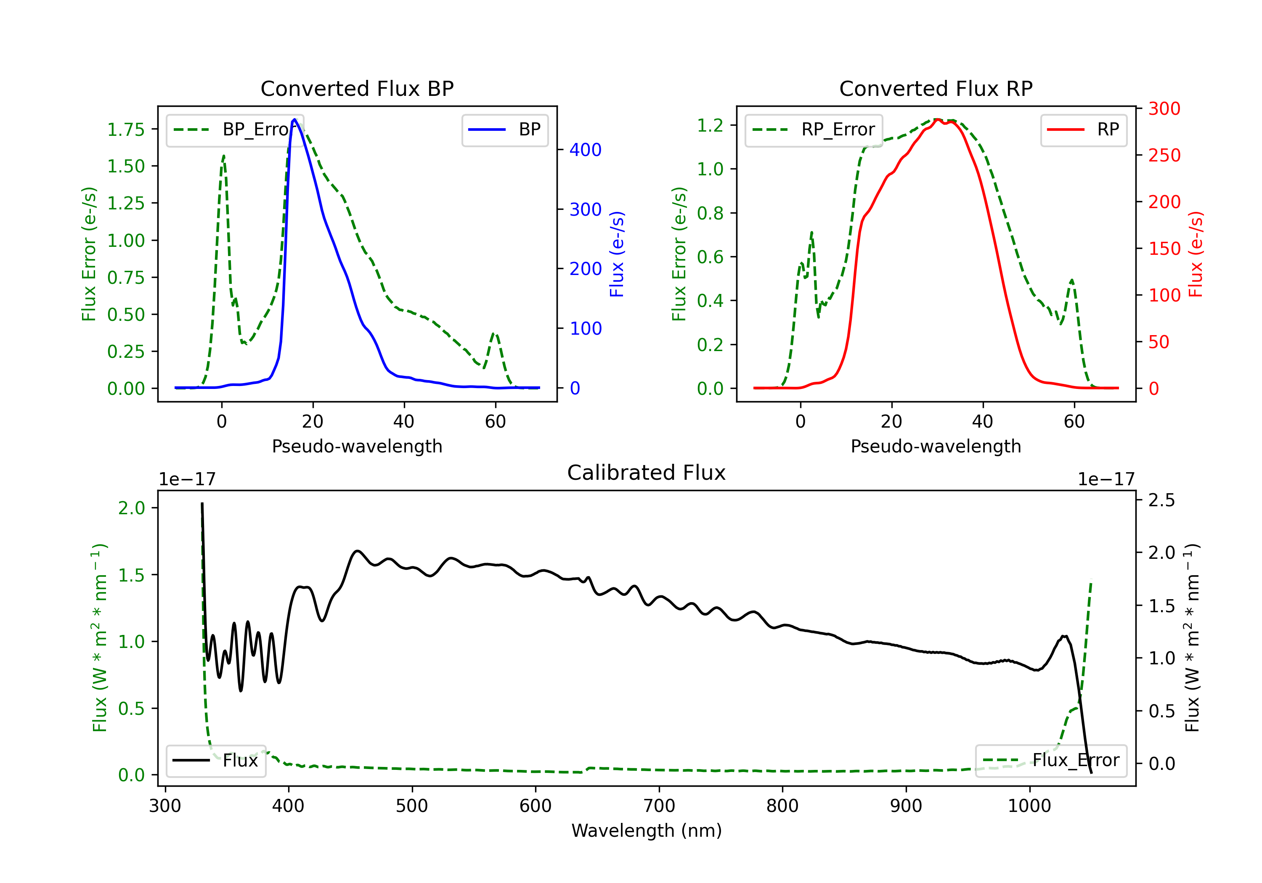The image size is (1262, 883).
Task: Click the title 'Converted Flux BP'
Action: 357,88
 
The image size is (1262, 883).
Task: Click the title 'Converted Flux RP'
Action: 936,88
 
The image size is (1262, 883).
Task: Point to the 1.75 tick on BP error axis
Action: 125,130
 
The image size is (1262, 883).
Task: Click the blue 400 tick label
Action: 586,150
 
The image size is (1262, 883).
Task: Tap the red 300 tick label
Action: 1164,109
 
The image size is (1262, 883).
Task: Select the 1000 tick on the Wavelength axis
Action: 1029,806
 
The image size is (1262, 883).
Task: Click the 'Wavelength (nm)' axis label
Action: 647,830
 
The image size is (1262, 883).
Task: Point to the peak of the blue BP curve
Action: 294,119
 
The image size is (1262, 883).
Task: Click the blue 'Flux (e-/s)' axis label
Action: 617,254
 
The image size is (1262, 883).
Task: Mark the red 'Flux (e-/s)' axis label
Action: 1196,254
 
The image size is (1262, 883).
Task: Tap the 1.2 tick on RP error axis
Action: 710,125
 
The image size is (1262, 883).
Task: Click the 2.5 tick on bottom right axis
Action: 1161,500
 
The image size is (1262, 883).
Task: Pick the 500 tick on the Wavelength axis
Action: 412,806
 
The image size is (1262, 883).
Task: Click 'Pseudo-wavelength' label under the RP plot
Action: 936,446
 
